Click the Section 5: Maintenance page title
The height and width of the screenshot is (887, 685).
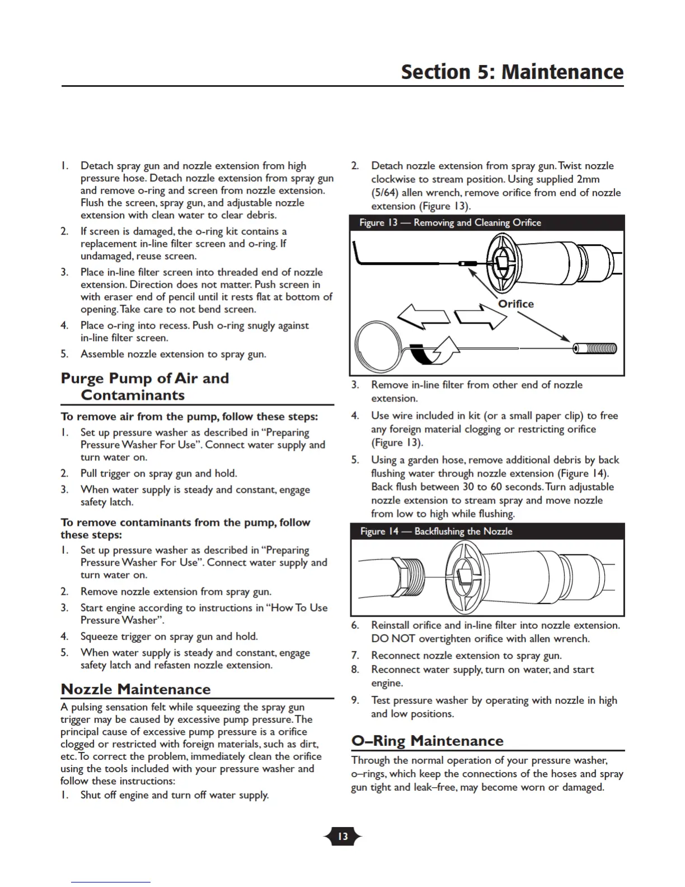[x=512, y=72]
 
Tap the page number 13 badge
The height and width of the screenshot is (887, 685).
[x=342, y=837]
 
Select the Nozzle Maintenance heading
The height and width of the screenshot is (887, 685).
[x=136, y=689]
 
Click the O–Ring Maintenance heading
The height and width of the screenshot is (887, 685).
[x=427, y=740]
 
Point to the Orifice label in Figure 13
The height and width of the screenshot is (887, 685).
[x=515, y=304]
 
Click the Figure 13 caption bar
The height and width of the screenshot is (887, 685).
[x=486, y=222]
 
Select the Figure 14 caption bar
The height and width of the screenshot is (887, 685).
[x=486, y=531]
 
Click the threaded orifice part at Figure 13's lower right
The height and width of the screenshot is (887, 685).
[x=595, y=348]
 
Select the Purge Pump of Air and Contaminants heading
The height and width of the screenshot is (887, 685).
[x=145, y=386]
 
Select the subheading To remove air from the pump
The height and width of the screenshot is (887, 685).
[x=189, y=416]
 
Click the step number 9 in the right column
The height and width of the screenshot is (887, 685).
[x=355, y=700]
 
